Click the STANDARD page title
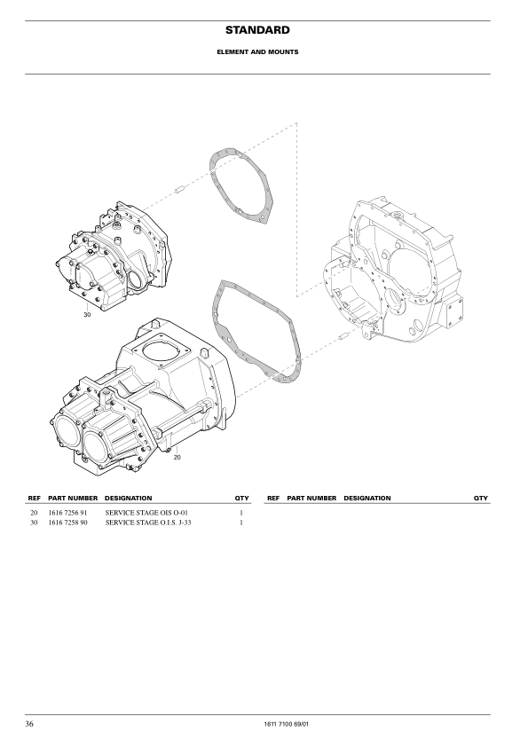257,30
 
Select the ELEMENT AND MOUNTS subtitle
258,52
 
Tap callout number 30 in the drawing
87,314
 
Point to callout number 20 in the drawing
177,458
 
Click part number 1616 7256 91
67,513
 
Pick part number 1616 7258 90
67,523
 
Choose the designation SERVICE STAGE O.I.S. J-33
148,523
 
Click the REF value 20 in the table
34,513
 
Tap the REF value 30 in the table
34,523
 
